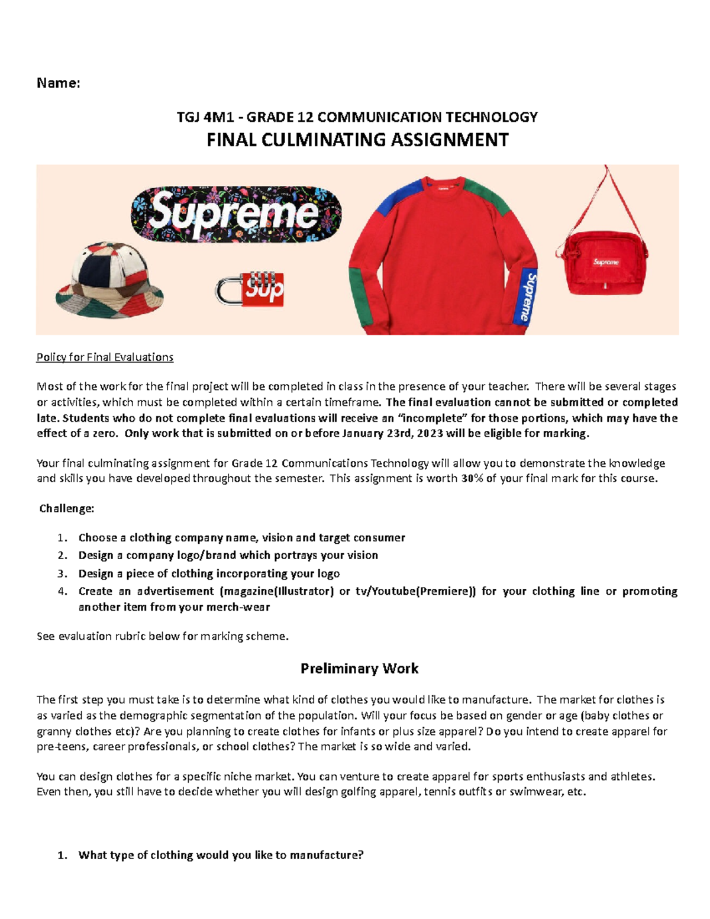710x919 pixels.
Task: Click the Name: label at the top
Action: coord(58,83)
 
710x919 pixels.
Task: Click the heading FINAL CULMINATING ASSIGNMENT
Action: coord(357,140)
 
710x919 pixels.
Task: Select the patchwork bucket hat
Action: coord(109,280)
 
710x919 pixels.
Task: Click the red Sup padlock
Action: coord(250,289)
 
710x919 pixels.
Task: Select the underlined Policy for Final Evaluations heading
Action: coord(105,357)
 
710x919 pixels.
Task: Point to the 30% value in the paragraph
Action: coord(471,478)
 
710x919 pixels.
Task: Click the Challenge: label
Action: coord(66,508)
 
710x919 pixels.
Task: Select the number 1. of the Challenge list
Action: coord(63,538)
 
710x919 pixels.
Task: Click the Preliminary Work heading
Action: coord(359,669)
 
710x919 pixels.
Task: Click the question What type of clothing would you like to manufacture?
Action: coord(221,855)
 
